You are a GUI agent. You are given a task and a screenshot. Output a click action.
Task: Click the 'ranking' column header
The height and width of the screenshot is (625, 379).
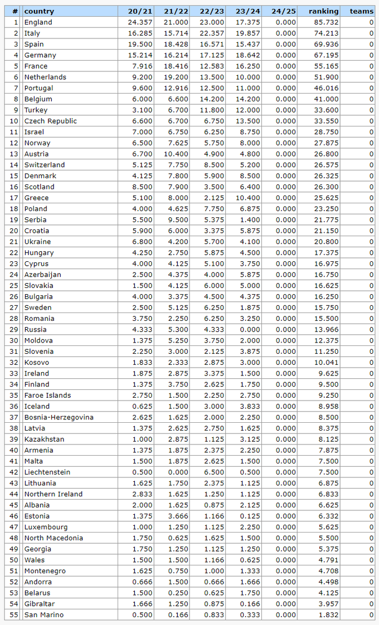pos(323,11)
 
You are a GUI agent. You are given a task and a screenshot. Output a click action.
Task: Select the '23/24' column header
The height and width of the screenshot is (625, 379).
pos(248,11)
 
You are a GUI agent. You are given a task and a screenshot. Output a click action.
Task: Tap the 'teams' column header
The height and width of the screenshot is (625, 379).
pos(362,11)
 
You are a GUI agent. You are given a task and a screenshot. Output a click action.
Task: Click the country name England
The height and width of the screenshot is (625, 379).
pos(38,22)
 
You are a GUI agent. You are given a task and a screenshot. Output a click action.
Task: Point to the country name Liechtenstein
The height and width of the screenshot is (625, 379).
pos(47,472)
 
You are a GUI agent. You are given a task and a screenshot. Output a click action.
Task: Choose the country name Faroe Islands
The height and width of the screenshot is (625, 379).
pos(47,395)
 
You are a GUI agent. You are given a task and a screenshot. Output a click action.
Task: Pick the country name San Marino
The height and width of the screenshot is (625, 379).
pos(43,614)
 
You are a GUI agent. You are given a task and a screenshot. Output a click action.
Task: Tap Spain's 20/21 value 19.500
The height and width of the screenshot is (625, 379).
pos(139,44)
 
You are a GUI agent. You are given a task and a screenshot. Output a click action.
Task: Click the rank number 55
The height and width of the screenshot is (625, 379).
pos(14,614)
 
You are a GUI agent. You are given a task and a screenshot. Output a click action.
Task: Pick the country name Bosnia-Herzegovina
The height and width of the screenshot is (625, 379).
pos(59,417)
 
